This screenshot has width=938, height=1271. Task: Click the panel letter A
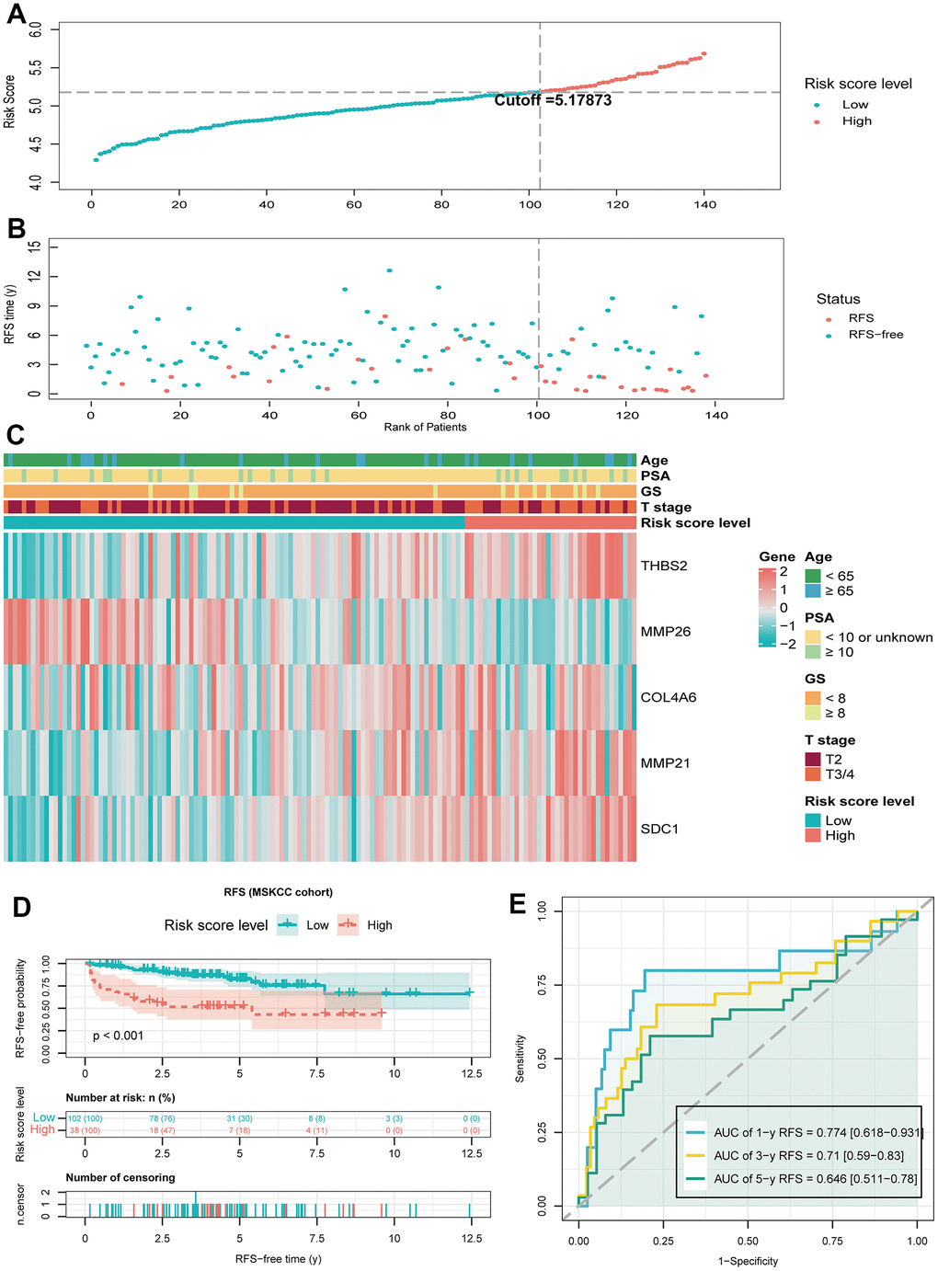16,16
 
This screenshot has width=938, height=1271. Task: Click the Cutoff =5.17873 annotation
553,100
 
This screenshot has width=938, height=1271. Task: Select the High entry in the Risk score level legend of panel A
856,120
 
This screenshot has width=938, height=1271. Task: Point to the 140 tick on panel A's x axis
705,204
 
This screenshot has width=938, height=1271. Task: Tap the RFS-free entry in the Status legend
875,334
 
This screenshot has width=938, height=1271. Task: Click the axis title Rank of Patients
425,427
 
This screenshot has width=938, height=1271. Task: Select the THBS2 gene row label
664,566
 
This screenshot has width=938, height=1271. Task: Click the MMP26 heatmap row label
666,632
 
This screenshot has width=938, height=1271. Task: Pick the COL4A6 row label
669,697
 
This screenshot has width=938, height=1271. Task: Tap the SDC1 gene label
659,829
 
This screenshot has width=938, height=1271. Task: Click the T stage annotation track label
666,507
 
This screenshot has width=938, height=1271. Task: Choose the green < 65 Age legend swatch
813,576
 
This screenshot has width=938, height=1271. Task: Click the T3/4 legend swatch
813,774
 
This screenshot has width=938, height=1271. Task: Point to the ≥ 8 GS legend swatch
813,713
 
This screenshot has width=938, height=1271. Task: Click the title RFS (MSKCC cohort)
278,892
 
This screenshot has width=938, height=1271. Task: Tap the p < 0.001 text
119,1036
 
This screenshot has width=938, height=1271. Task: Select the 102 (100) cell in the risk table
86,1118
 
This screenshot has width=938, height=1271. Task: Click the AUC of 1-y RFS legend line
695,1132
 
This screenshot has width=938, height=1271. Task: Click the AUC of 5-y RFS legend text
815,1179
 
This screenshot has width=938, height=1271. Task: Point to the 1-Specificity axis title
748,1261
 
